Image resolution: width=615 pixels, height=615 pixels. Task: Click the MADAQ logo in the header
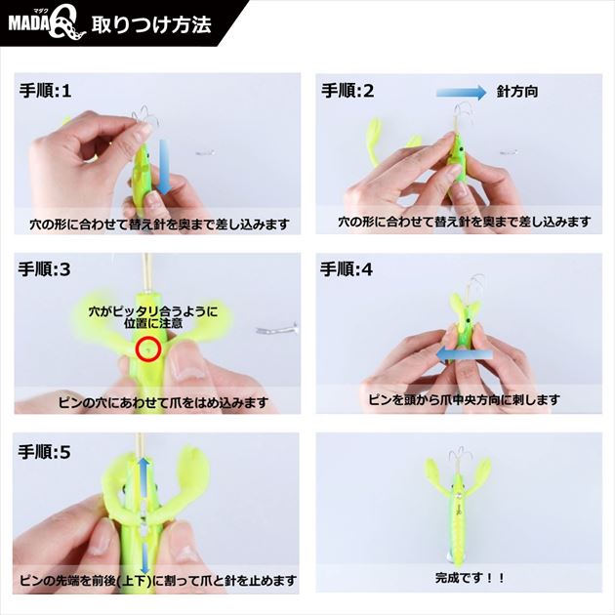(x=47, y=25)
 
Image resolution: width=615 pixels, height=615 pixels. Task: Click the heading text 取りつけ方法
(x=151, y=24)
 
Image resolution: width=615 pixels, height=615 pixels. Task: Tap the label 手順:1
(x=46, y=91)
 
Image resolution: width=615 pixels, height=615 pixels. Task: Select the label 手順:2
(x=348, y=91)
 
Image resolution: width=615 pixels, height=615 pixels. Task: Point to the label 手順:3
(x=44, y=269)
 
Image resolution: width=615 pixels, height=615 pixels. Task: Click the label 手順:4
(x=347, y=269)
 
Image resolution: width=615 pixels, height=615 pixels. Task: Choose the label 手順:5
(x=44, y=452)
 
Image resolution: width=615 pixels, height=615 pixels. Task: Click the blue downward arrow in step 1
(x=164, y=167)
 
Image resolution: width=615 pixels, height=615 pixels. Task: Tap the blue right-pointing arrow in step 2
(x=461, y=92)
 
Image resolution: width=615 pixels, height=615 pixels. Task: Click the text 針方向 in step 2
(x=517, y=92)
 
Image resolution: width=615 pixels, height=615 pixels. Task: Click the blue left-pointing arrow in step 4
(x=465, y=354)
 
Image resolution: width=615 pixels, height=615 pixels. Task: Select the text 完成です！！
(x=470, y=578)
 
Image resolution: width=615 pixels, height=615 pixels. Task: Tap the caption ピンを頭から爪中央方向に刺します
(x=464, y=399)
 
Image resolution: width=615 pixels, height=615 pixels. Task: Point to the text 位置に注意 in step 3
(x=153, y=323)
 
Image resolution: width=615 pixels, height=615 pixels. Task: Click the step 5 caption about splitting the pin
(x=158, y=581)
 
